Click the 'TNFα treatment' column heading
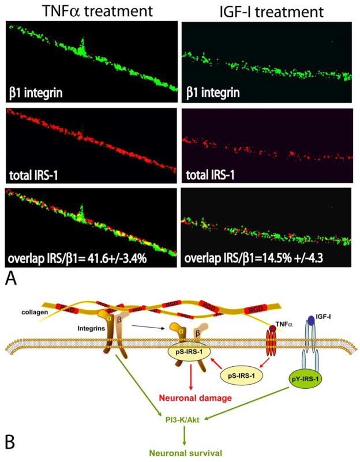point(89,10)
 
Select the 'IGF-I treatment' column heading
point(268,10)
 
